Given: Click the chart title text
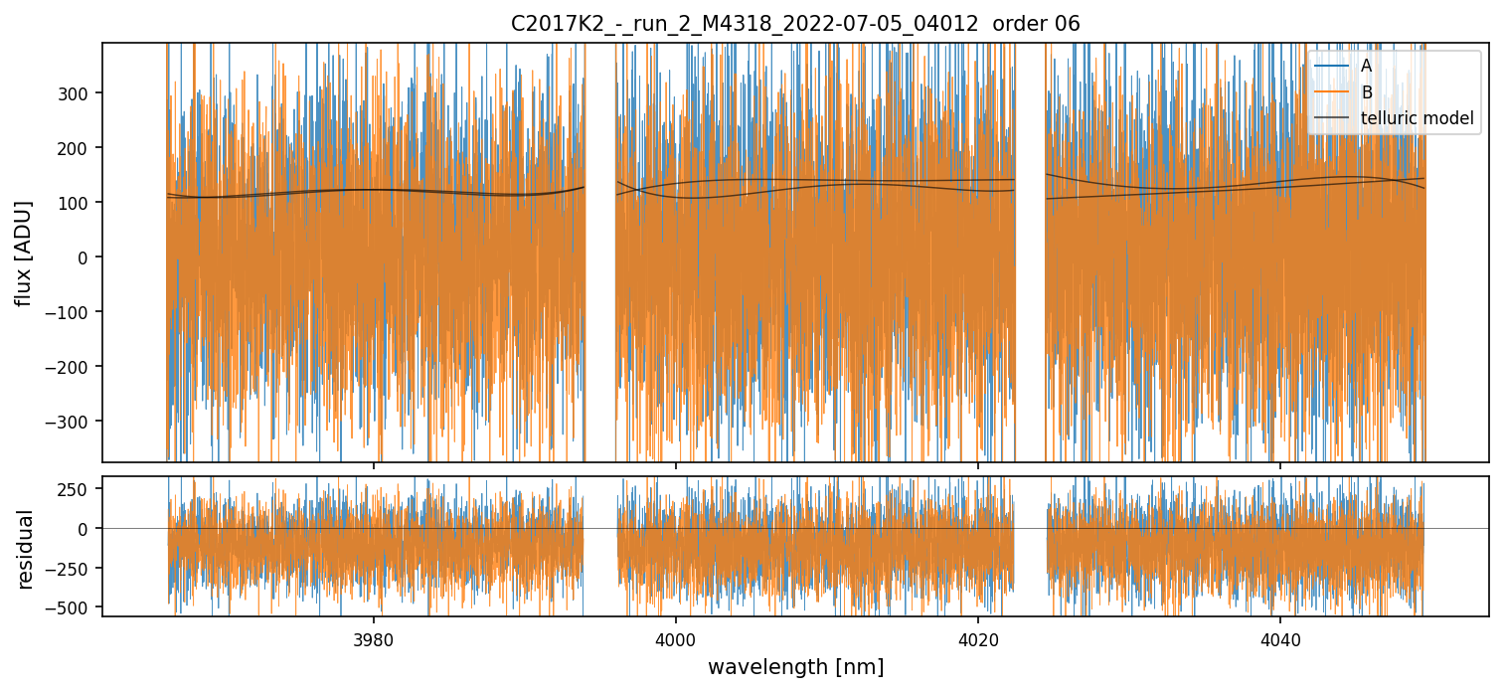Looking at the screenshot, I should [x=795, y=24].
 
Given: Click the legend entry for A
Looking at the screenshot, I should [x=1366, y=67].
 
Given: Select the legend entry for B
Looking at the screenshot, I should [x=1366, y=93].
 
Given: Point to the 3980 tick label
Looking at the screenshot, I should [x=374, y=637].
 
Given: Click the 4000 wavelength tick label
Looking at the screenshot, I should [x=676, y=637].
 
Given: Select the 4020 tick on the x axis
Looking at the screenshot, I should [x=978, y=637].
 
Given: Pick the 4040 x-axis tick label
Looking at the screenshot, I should [x=1279, y=637].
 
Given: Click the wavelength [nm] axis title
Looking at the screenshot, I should [x=795, y=666].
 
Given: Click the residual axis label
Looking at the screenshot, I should [x=26, y=549].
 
